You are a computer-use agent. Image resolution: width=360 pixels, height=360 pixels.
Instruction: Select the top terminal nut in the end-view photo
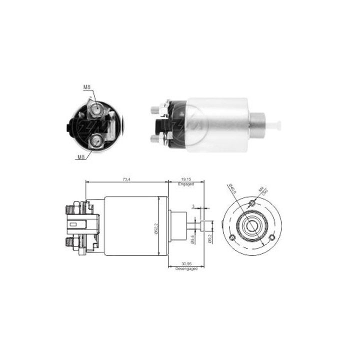coord(96,107)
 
